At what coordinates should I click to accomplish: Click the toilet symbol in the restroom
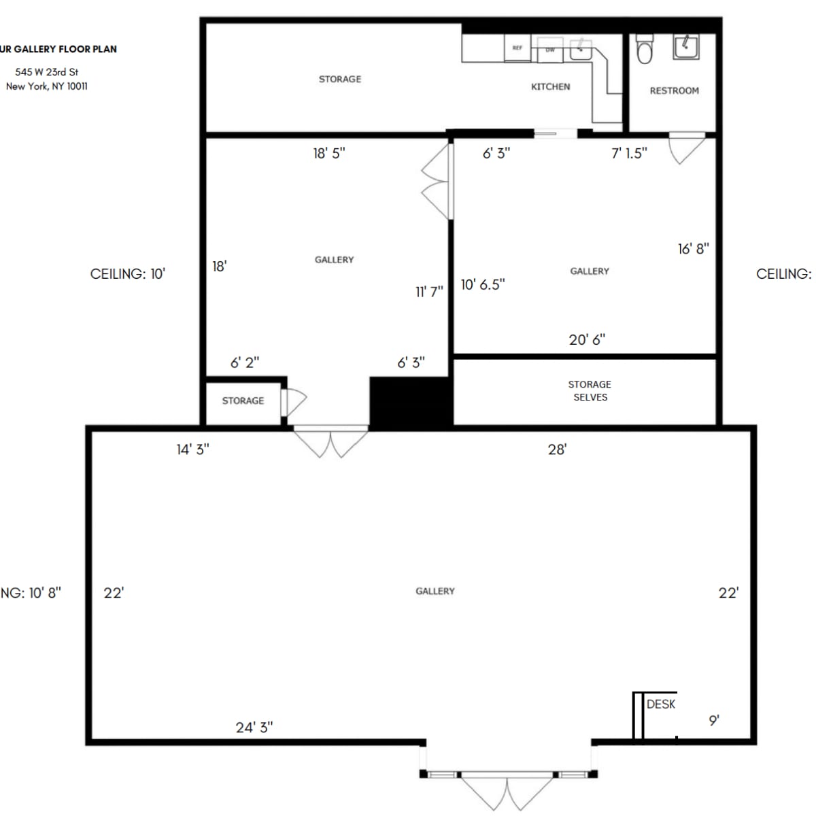coord(644,49)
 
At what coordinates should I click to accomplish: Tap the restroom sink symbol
coord(685,46)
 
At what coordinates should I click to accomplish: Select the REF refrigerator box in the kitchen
coord(517,48)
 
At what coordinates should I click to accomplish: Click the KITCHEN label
coord(550,86)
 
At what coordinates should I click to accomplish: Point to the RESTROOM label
coord(674,90)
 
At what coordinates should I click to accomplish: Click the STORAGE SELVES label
coord(590,390)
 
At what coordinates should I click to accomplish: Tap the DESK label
coord(660,704)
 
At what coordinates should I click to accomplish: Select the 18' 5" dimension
coord(329,153)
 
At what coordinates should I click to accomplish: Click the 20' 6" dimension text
coord(587,339)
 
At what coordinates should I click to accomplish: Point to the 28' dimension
coord(557,449)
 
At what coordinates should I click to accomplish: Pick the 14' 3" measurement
coord(192,449)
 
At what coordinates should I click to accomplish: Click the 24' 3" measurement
coord(254,727)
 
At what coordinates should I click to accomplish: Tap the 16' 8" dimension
coord(693,249)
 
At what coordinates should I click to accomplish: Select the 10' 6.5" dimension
coord(483,285)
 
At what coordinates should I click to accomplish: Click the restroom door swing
coord(685,149)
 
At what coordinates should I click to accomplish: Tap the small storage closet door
coord(294,402)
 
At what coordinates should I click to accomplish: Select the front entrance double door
coord(507,789)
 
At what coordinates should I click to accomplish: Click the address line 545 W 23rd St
coord(47,71)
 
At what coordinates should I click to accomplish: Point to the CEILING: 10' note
coord(128,273)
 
